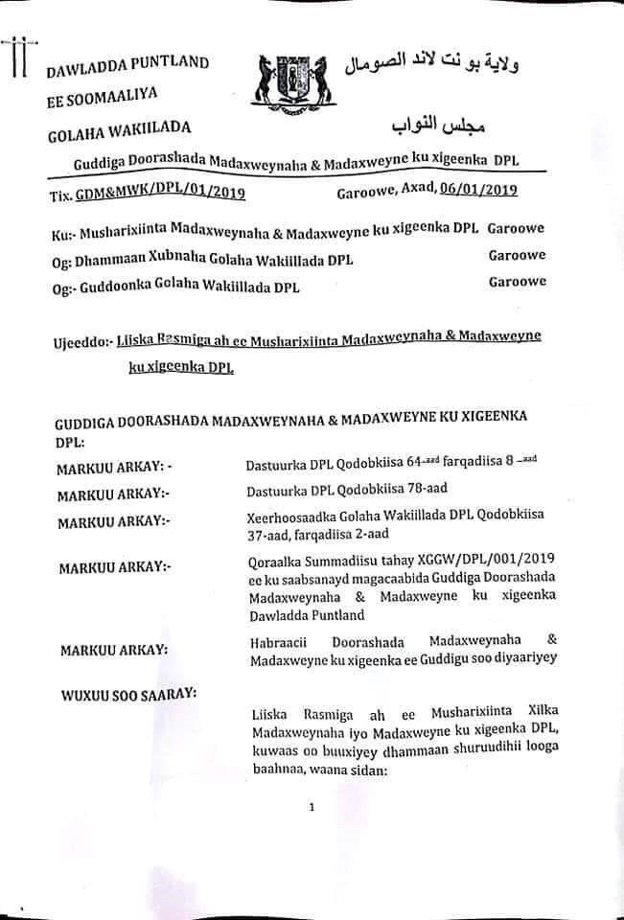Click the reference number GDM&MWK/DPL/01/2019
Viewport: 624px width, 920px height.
pos(160,195)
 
